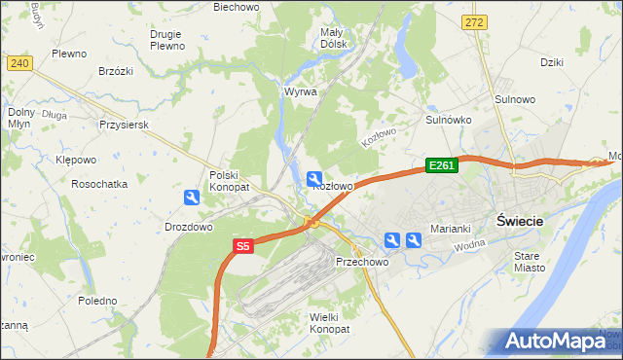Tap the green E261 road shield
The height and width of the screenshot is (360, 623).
(441, 166)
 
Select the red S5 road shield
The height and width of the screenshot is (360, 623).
(243, 248)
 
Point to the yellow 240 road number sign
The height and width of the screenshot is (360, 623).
(18, 63)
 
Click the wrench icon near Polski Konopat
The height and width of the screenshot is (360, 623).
(193, 198)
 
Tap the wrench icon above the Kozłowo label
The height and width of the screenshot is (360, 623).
(314, 178)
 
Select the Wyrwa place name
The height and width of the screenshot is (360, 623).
(300, 91)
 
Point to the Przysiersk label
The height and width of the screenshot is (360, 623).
(124, 125)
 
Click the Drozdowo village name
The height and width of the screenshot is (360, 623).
(189, 227)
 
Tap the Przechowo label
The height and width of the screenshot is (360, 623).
(362, 263)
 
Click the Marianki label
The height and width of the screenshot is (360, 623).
(451, 229)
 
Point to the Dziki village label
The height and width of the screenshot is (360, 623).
(553, 61)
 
